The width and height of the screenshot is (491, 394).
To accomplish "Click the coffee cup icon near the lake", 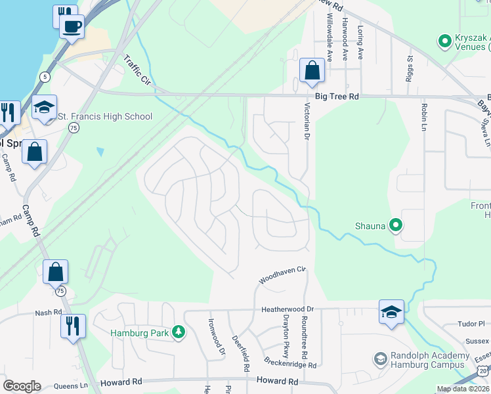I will [72, 27].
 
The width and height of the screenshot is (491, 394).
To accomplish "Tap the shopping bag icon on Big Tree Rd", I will [312, 71].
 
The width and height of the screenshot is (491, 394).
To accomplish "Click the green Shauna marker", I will [395, 226].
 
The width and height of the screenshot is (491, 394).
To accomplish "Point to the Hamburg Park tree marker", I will [177, 333].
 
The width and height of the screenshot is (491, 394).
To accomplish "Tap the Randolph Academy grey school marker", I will [380, 360].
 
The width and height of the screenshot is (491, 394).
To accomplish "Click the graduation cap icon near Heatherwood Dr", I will [391, 312].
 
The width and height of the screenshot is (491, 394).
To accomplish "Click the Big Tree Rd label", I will [337, 97].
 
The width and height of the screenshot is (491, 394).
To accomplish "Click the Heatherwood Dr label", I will [288, 309].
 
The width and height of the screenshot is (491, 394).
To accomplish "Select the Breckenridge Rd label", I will [290, 362].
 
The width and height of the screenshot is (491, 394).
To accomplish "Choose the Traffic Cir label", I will [137, 70].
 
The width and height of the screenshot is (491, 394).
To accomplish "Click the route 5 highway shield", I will [44, 76].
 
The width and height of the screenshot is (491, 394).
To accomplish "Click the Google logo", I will [22, 386].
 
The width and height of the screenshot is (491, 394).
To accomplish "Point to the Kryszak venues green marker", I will [444, 42].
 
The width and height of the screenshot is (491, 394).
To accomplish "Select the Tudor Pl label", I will [471, 324].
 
